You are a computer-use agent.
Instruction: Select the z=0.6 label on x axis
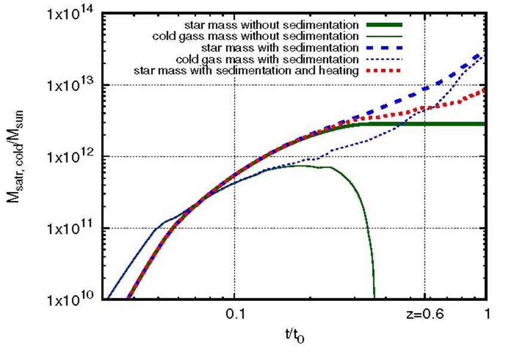click(423, 313)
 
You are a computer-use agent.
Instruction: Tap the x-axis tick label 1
click(487, 313)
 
